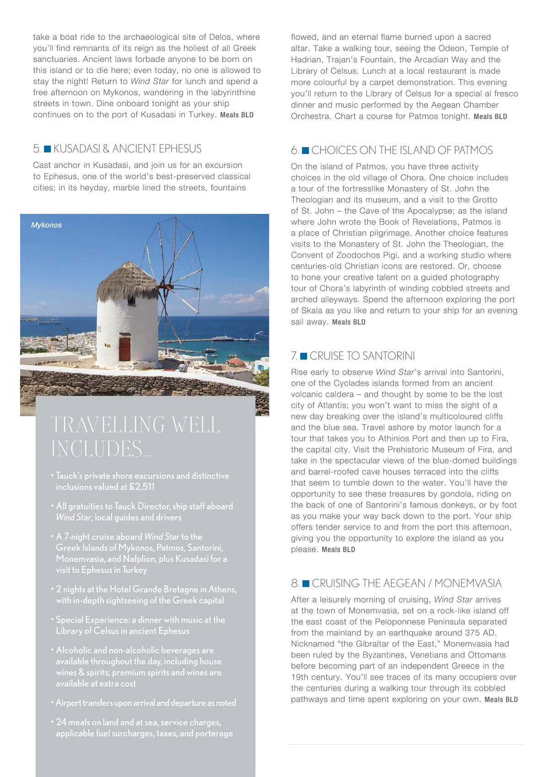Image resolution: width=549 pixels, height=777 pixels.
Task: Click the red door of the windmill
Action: pos(125,349)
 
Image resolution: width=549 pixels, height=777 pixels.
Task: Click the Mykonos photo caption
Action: pos(46,225)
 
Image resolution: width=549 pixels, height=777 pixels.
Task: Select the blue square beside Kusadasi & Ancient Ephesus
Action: pos(47,149)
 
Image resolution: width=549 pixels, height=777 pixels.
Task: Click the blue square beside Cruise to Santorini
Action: pos(303,356)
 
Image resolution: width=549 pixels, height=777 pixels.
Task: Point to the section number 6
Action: pos(295,150)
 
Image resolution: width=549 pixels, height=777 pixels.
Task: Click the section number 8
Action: pos(295,583)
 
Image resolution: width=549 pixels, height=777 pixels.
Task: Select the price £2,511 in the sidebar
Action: pos(142,487)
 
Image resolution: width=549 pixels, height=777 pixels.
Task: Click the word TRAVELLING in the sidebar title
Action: pos(108,425)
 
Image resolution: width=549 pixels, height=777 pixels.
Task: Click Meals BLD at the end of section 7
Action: pos(338,550)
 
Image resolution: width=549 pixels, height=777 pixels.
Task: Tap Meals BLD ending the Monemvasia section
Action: pos(501,700)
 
